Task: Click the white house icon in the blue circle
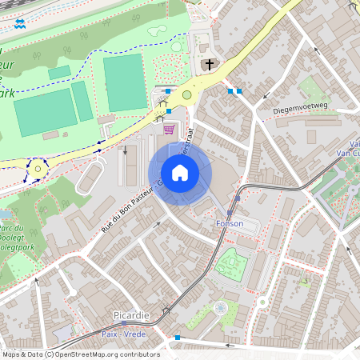coord(179,172)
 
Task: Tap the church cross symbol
coord(210,65)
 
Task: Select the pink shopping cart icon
coord(169,129)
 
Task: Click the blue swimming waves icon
coord(19,24)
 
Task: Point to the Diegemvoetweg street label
coord(300,106)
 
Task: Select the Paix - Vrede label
coord(124,334)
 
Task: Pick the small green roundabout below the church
coord(187,94)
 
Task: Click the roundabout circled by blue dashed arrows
coord(37,169)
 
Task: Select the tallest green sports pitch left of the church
coord(124,83)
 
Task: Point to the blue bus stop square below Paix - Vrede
coord(178,338)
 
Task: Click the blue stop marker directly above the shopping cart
coord(169,110)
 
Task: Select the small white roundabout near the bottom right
coord(261,302)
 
